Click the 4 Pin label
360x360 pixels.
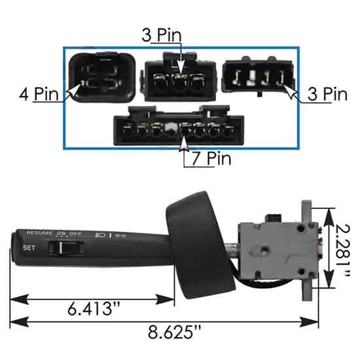(x=39, y=94)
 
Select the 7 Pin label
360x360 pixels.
(x=207, y=158)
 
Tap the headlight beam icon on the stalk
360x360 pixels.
(x=100, y=234)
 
